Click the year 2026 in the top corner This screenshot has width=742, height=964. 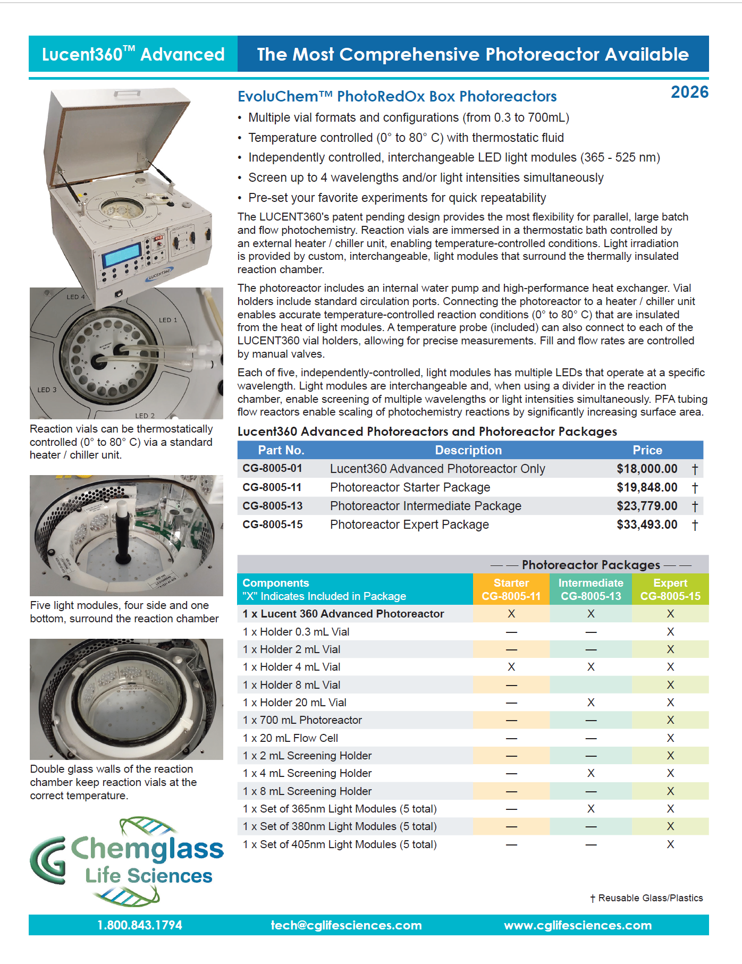[689, 92]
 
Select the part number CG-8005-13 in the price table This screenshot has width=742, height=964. [273, 506]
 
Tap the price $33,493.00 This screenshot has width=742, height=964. [647, 525]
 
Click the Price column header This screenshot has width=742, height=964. [647, 450]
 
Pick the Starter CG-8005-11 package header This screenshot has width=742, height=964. [511, 589]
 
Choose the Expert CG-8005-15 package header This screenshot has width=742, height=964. [670, 589]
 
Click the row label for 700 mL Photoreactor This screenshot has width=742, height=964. [302, 720]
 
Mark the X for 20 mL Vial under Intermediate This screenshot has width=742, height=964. [591, 703]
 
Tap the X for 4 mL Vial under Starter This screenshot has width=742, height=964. [511, 667]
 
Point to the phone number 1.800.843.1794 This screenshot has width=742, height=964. [140, 925]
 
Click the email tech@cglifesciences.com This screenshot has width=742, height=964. [346, 925]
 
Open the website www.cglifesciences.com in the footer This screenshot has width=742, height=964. [578, 925]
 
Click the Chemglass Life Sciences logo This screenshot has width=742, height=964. [128, 861]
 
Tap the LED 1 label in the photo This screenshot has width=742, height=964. [168, 320]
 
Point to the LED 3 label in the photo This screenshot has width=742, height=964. [47, 390]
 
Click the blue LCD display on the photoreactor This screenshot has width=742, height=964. [122, 255]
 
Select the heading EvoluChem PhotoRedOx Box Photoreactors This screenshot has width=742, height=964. [397, 96]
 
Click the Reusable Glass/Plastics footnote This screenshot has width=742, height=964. [646, 898]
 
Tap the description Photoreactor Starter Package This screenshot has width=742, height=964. [410, 487]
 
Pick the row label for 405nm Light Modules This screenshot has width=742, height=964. [340, 844]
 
